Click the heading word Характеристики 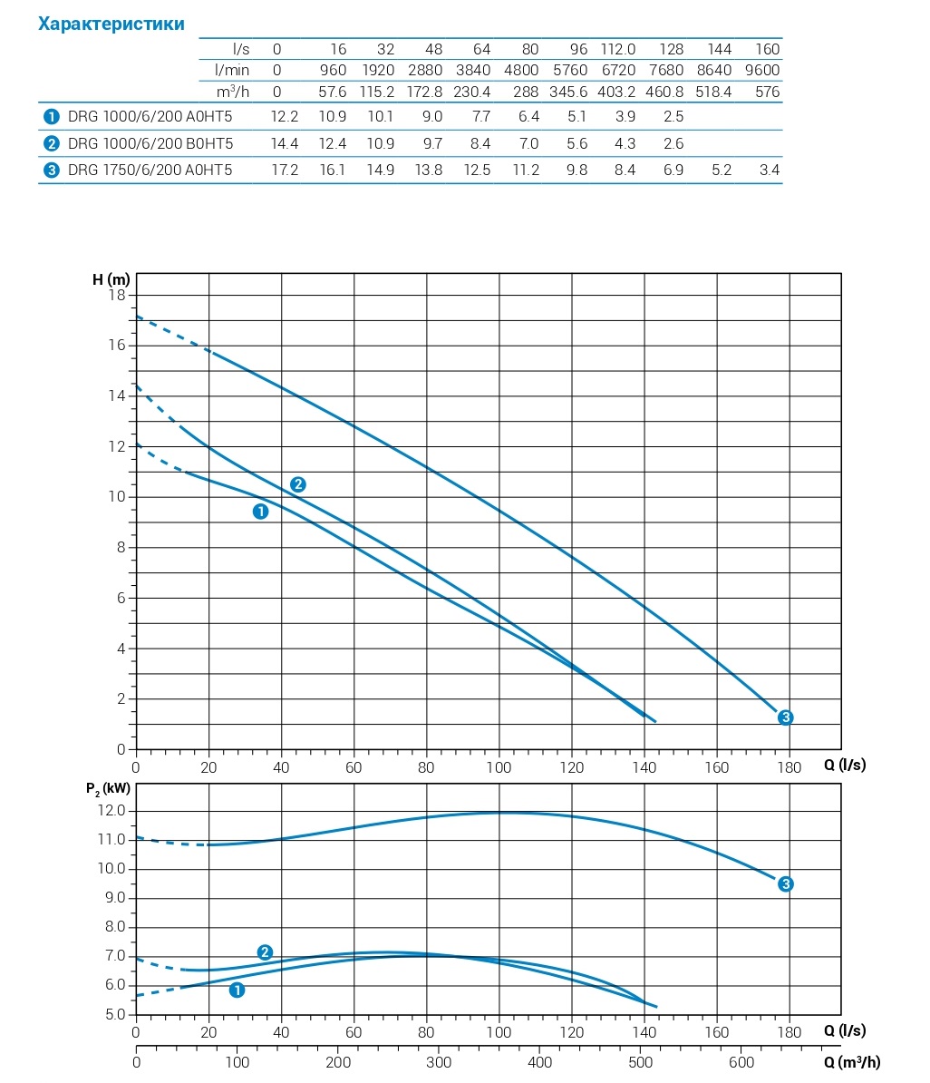coord(111,24)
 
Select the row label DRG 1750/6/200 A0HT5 coord(150,170)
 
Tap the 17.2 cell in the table coord(286,170)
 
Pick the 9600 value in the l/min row coord(762,70)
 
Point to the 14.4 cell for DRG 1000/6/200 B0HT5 coord(286,143)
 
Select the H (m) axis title coord(111,278)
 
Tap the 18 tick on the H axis coord(117,295)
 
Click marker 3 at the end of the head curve coord(786,717)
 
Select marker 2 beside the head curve coord(297,484)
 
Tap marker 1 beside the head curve coord(261,512)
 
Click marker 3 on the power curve coord(786,884)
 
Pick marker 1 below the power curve coord(237,990)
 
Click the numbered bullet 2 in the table coord(52,143)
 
